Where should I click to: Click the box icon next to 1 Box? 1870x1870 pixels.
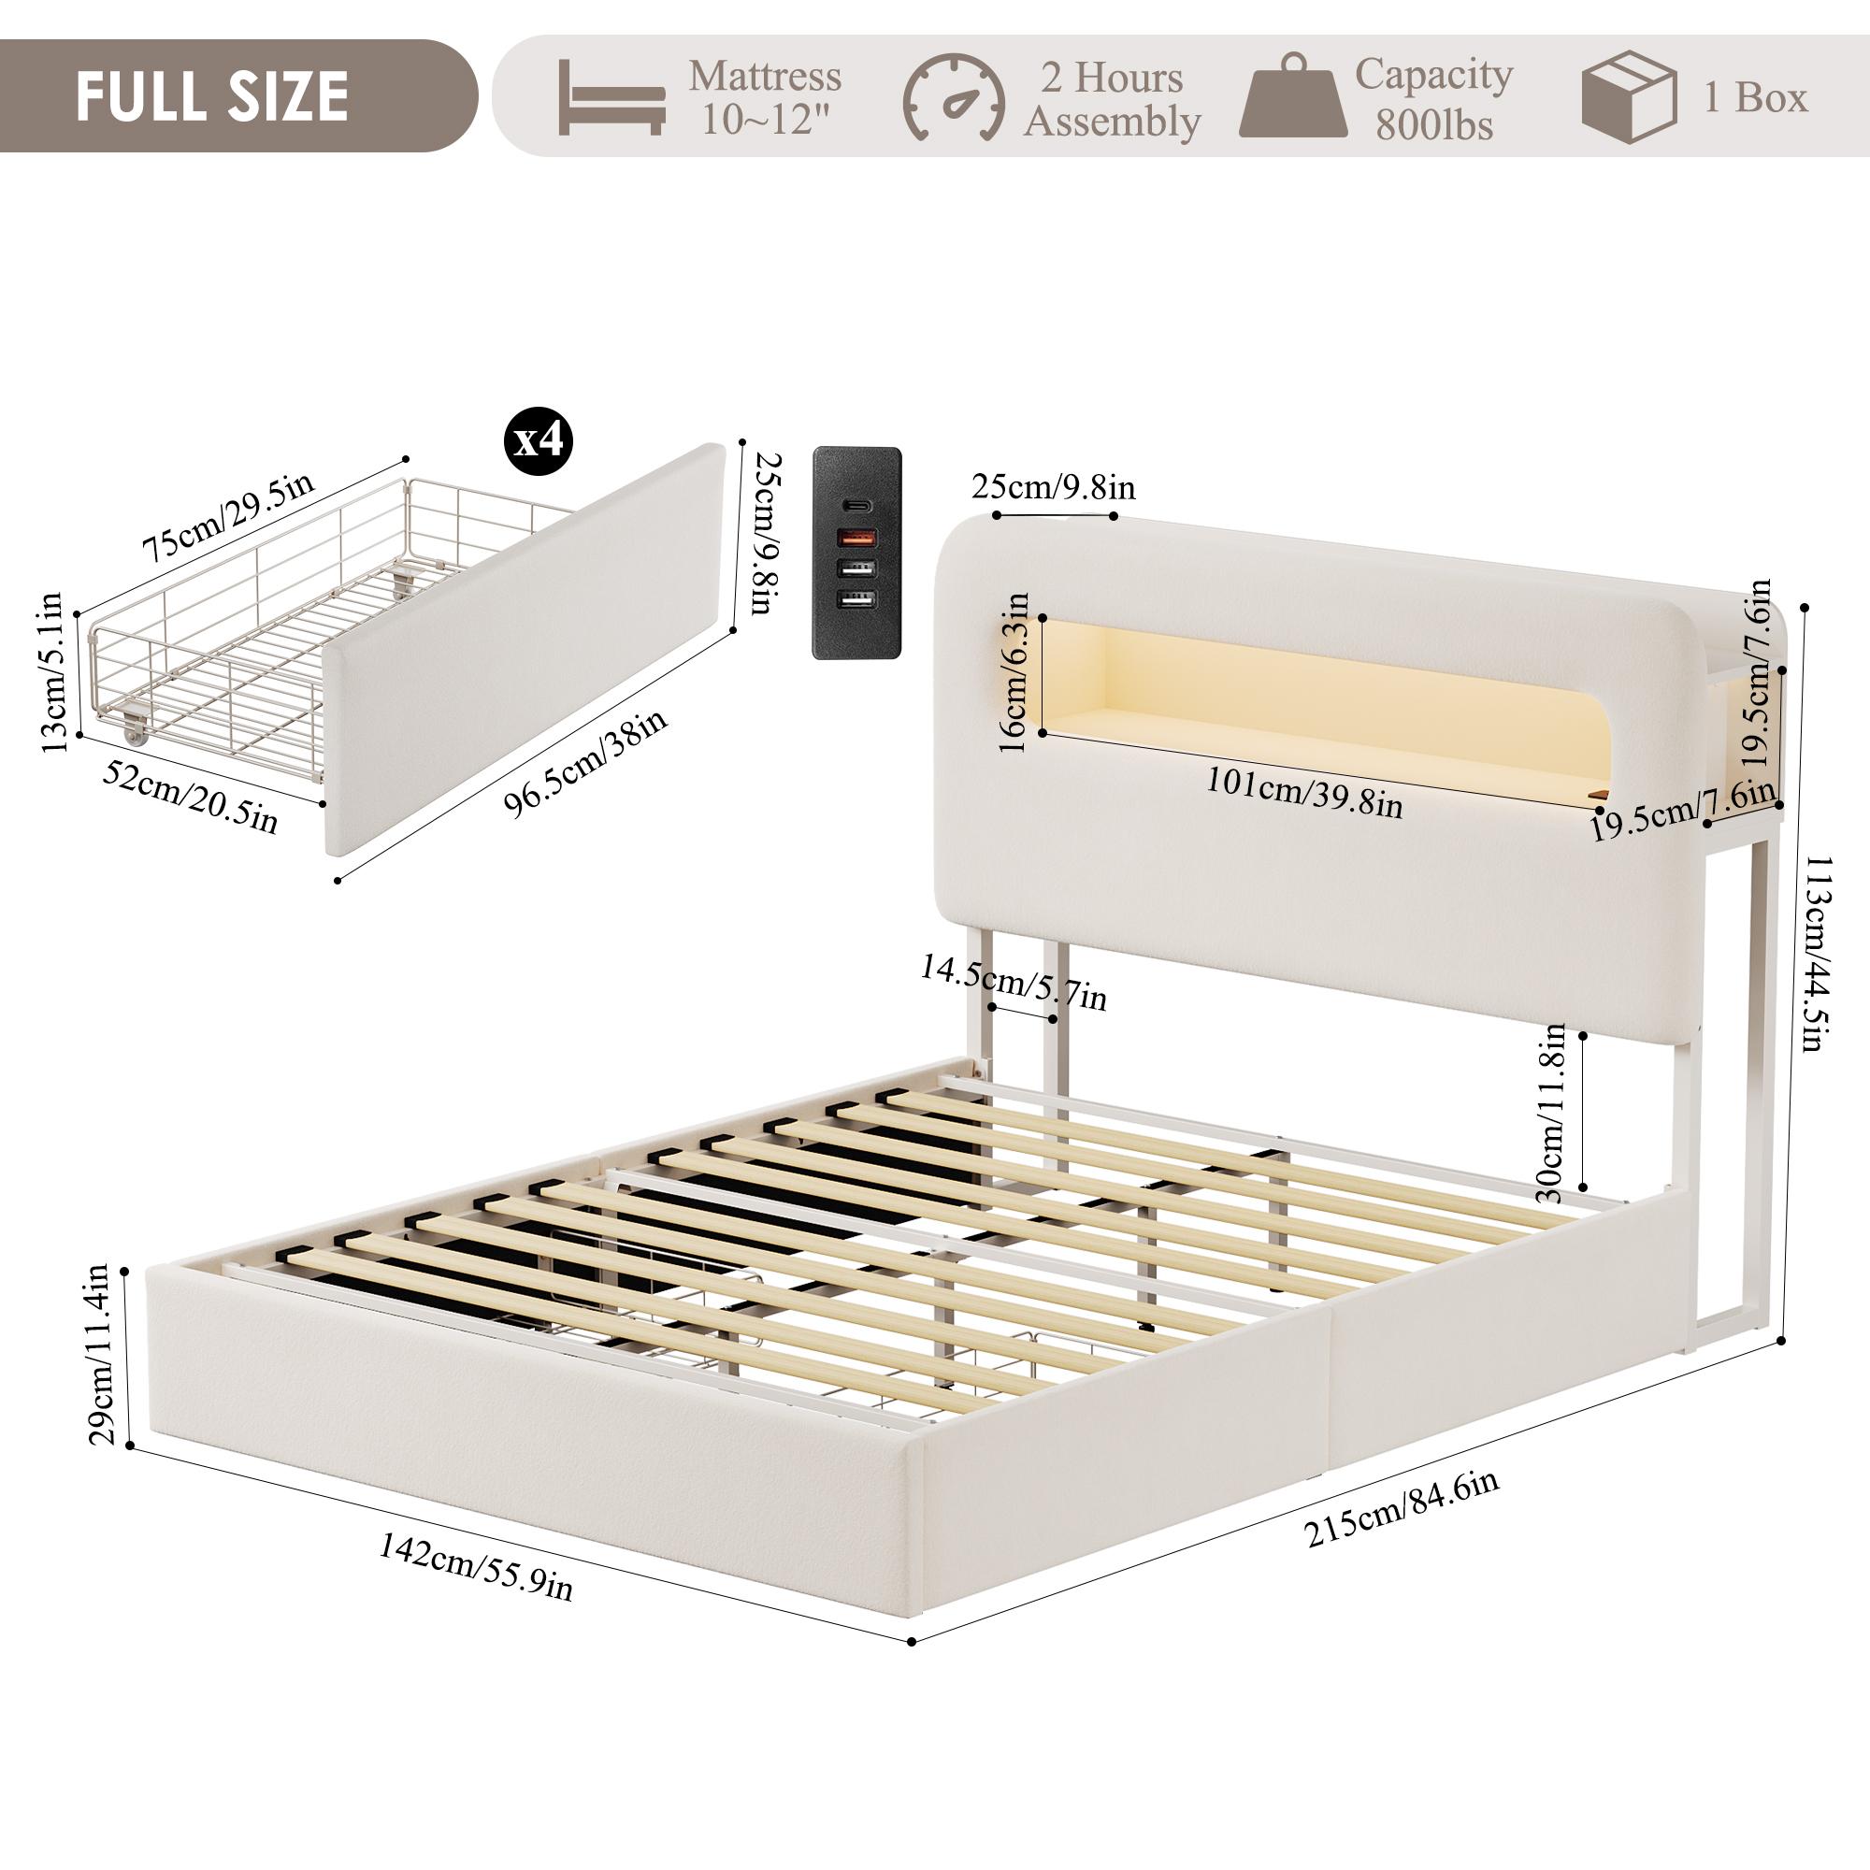(x=1628, y=98)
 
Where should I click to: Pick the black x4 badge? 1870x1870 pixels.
(x=539, y=441)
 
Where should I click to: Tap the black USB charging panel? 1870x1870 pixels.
(x=856, y=554)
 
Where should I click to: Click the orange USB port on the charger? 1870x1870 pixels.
(x=856, y=538)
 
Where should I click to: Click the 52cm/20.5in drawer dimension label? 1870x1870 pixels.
(x=190, y=794)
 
